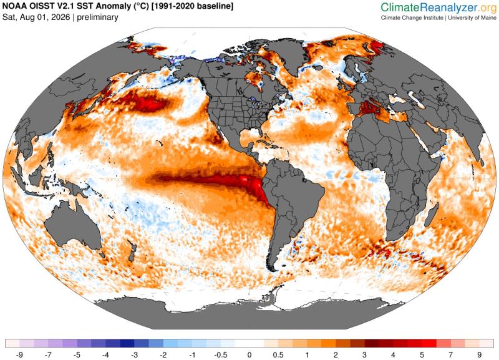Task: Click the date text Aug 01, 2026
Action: [45, 17]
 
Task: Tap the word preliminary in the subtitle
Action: [98, 17]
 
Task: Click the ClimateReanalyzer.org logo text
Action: [439, 7]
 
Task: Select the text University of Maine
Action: [472, 18]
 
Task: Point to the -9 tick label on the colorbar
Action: [19, 354]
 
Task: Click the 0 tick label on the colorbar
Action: [249, 354]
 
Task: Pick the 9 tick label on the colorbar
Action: [479, 354]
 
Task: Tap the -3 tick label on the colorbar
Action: [134, 354]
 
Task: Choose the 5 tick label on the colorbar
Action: [422, 354]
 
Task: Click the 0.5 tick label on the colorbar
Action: [278, 354]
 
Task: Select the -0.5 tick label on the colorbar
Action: [221, 354]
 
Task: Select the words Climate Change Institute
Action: [412, 18]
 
